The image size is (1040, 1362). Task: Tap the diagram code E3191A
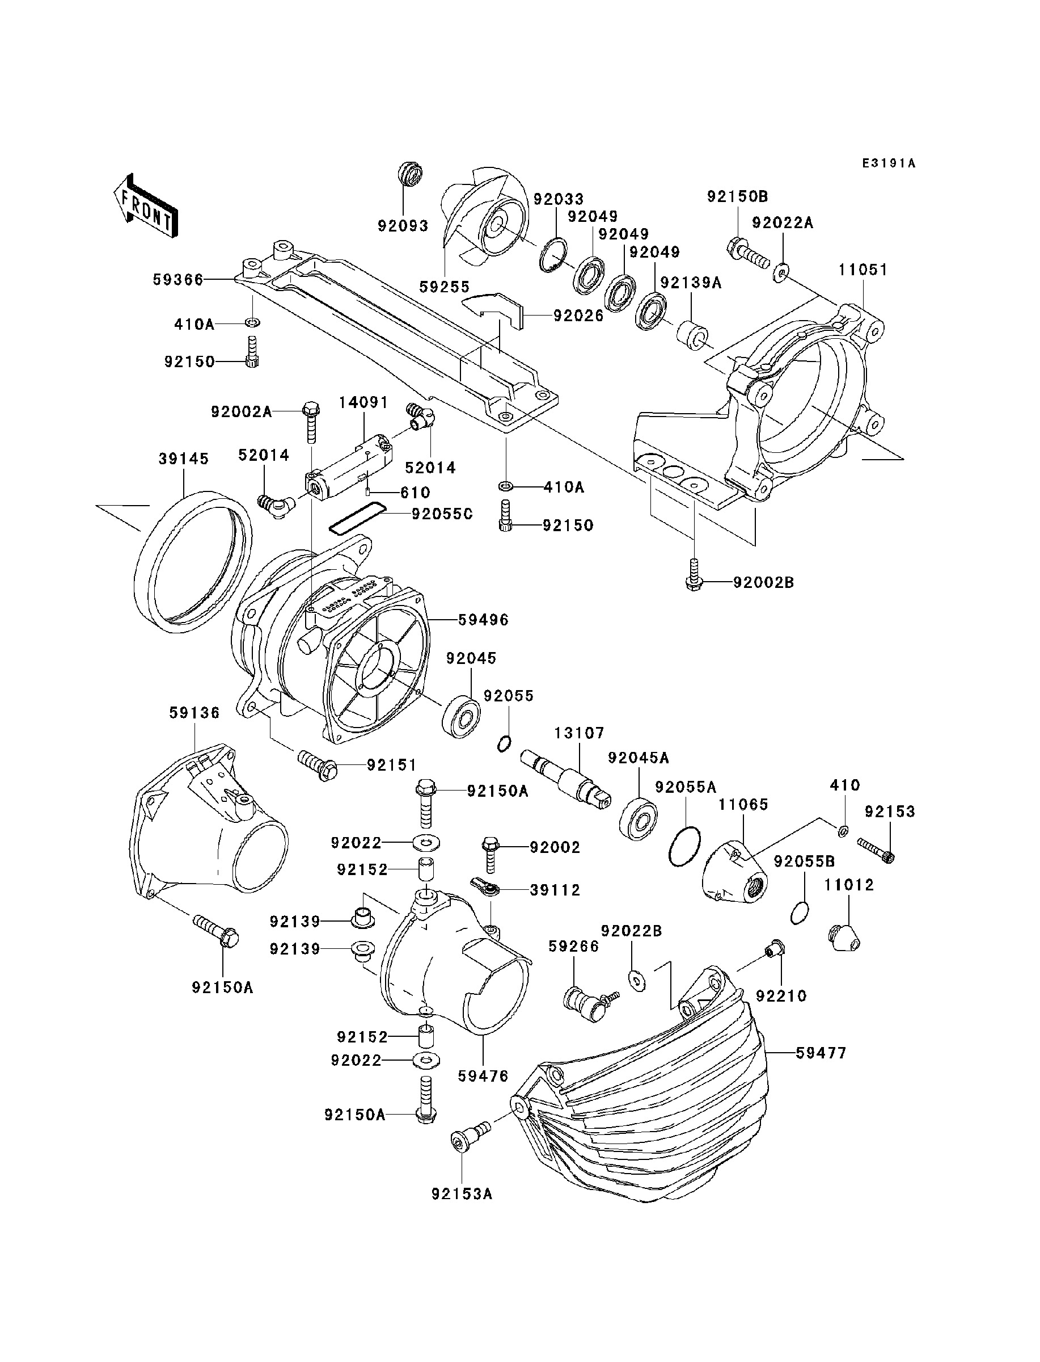pyautogui.click(x=889, y=163)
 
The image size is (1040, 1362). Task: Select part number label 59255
pyautogui.click(x=445, y=287)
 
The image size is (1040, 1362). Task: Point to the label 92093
pyautogui.click(x=403, y=226)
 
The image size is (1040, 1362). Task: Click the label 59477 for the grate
pyautogui.click(x=821, y=1053)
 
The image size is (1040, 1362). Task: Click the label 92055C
pyautogui.click(x=442, y=514)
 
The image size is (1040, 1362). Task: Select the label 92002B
pyautogui.click(x=763, y=582)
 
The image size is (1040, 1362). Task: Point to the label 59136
pyautogui.click(x=195, y=713)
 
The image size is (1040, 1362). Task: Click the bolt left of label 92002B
pyautogui.click(x=694, y=574)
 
